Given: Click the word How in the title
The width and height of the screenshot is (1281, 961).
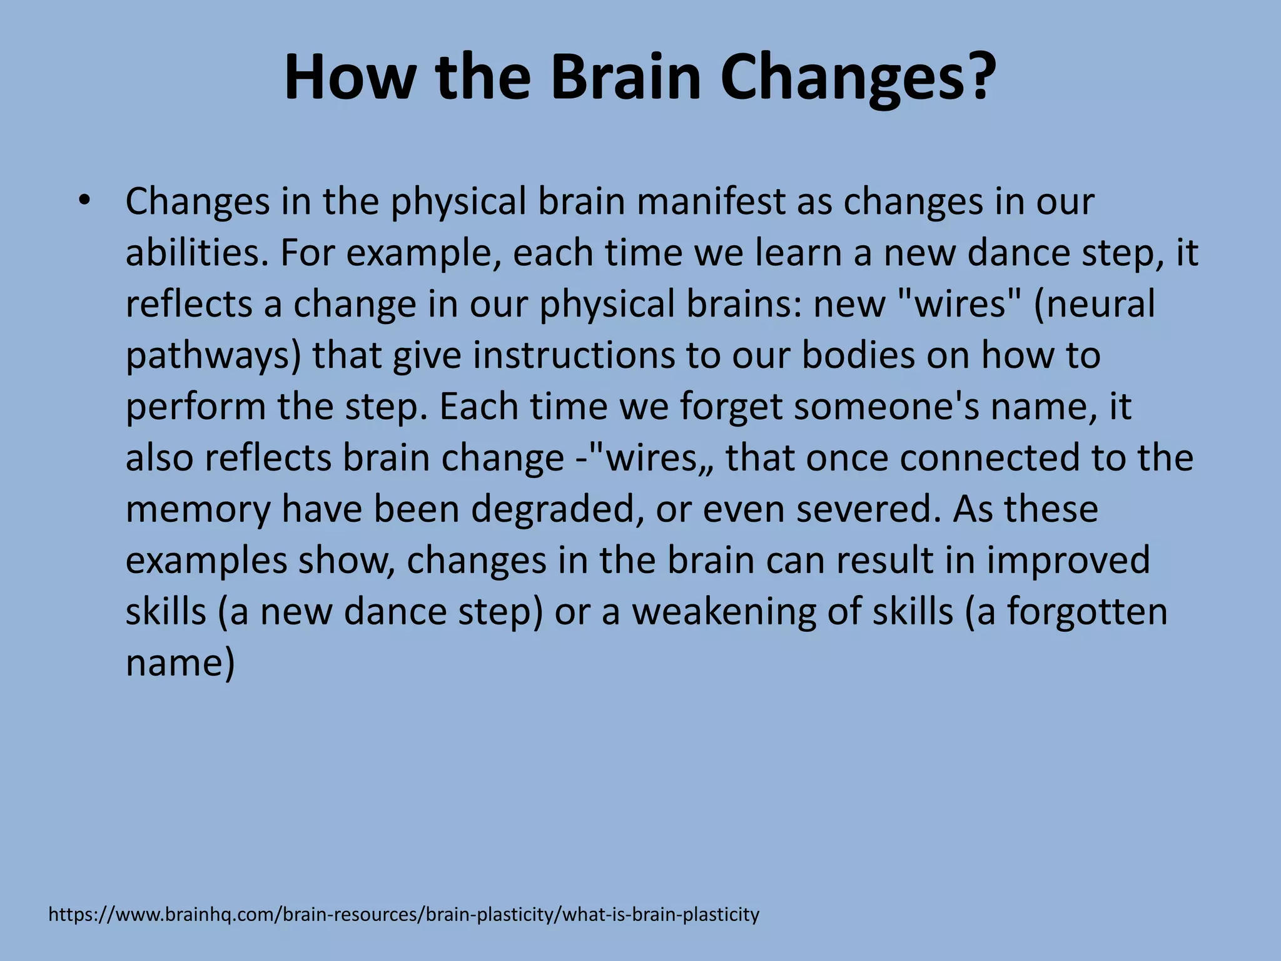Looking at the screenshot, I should (x=349, y=78).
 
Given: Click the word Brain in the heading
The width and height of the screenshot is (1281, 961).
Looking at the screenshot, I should (x=625, y=78).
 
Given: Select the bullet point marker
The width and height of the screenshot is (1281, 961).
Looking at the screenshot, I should (x=85, y=201).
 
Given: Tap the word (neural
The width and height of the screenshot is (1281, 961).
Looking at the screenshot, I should (x=1094, y=304).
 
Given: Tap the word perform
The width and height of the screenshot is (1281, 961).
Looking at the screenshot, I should (x=196, y=407).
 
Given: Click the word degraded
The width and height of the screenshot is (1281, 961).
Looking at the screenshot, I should (x=557, y=509).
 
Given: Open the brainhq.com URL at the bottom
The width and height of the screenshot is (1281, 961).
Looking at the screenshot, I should (x=403, y=915).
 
